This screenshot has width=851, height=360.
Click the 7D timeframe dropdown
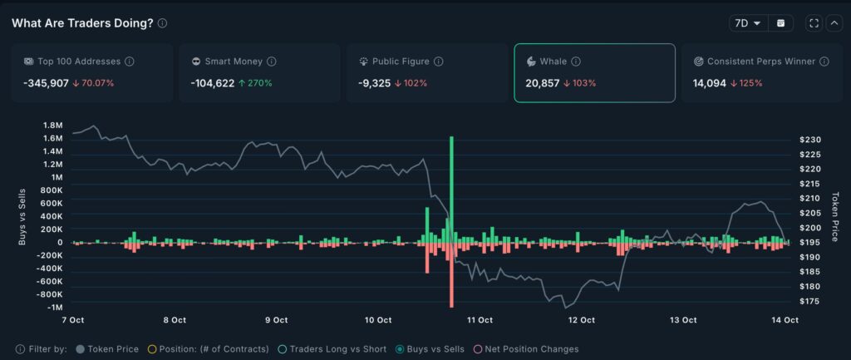pos(747,23)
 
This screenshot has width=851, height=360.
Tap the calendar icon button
pos(780,23)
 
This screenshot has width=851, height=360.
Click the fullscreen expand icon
pos(814,23)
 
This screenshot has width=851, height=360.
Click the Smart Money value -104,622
pos(214,83)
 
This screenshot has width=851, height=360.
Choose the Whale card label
pos(553,62)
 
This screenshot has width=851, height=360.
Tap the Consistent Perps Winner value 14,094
pos(710,83)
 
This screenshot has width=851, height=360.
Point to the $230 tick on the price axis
pos(809,140)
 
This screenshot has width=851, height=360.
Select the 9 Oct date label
pos(276,319)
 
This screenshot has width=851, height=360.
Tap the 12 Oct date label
pos(582,319)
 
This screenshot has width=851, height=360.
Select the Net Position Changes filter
pos(525,349)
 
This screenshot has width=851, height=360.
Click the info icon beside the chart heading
pos(162,23)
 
